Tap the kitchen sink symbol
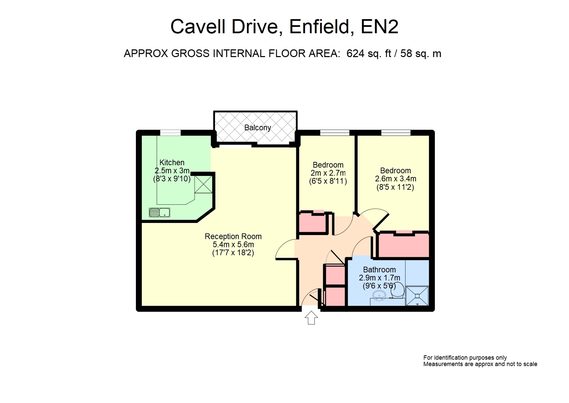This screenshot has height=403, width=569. [x=159, y=212]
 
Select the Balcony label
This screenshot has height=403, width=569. [x=258, y=128]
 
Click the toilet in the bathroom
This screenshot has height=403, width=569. [x=398, y=290]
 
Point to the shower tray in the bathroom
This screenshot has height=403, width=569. [x=417, y=296]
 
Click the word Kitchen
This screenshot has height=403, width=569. [x=172, y=163]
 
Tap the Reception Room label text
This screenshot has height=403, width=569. [x=233, y=236]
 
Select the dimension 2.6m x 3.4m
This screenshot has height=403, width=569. [x=396, y=179]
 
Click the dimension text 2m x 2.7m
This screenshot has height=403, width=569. [x=328, y=173]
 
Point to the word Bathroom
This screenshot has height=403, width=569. [x=379, y=270]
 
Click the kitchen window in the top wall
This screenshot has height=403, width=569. [x=170, y=132]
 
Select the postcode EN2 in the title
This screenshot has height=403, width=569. [x=379, y=26]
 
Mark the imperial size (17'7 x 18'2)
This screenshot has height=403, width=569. [x=233, y=253]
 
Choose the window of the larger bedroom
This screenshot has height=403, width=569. [x=396, y=132]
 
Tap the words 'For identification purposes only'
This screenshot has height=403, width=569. [x=465, y=358]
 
